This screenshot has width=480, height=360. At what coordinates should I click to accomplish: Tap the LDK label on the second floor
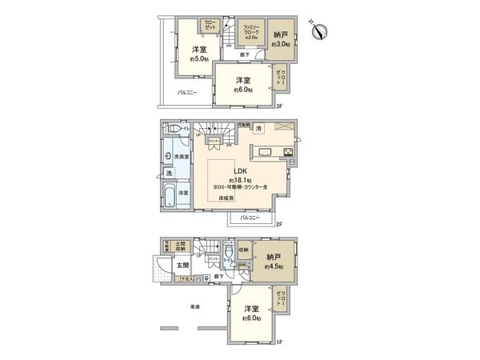click(239, 170)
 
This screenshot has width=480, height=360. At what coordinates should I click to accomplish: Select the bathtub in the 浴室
click(170, 195)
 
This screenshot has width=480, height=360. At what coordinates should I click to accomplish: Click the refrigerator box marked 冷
click(259, 128)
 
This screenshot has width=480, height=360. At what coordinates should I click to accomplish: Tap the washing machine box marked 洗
click(170, 173)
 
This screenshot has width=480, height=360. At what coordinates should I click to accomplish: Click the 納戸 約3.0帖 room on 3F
click(280, 38)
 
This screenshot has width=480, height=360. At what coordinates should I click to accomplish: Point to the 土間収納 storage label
click(181, 246)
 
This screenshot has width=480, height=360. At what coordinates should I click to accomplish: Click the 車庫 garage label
click(194, 306)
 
